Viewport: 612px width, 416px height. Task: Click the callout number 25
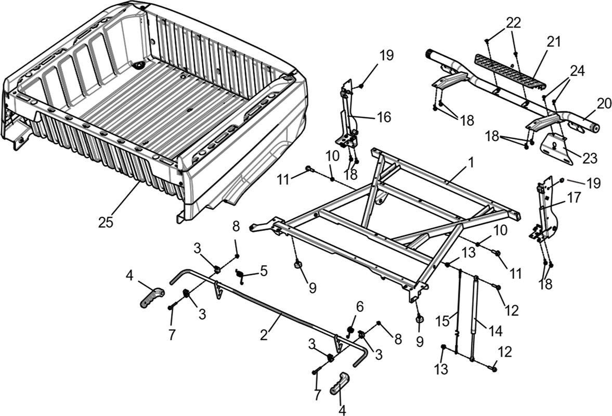click(106, 222)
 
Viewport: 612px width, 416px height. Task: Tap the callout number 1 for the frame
click(471, 162)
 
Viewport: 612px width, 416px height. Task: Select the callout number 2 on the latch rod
click(264, 334)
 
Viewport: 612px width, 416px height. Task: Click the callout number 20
click(604, 103)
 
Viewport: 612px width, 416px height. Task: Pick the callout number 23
click(589, 158)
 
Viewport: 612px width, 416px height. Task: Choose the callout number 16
click(384, 116)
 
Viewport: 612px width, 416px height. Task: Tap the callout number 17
click(574, 197)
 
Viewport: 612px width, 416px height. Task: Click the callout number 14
click(495, 331)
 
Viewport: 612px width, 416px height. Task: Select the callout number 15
click(442, 321)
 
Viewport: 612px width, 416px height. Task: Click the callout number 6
click(359, 306)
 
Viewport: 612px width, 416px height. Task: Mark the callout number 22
click(514, 23)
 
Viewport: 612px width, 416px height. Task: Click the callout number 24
click(577, 71)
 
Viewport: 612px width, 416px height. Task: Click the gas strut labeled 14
click(475, 318)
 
